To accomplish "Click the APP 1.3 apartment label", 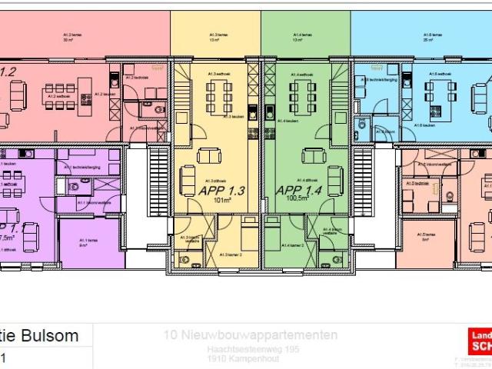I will tap(221, 191).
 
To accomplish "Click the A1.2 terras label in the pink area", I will tap(73, 36).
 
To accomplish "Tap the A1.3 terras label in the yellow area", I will tap(217, 36).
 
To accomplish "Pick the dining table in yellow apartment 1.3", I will tap(218, 97).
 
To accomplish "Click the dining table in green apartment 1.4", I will tap(301, 97).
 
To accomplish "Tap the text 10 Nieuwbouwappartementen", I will tap(251, 335).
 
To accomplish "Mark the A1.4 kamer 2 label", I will tap(292, 245).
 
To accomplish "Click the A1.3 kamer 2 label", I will tap(231, 254).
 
